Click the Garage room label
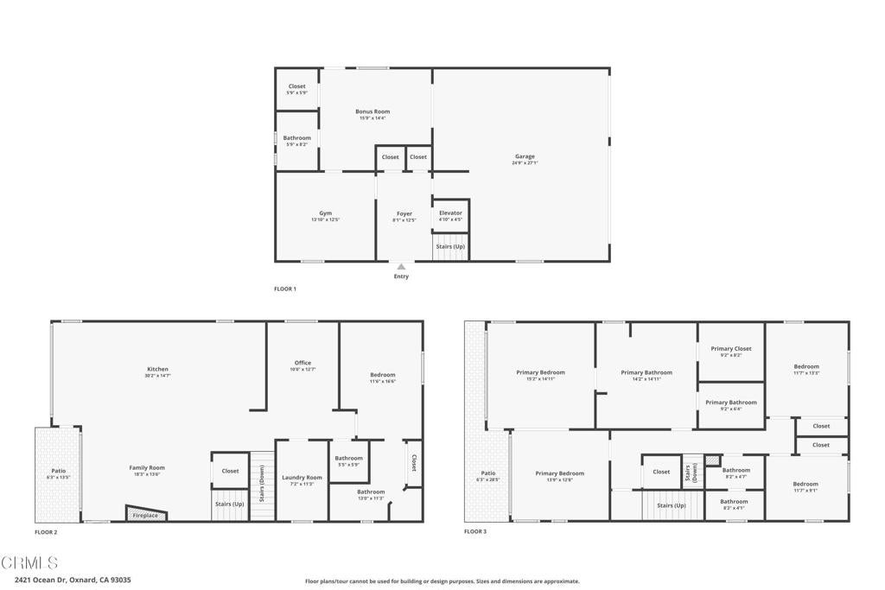pos(523,156)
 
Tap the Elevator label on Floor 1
pos(450,213)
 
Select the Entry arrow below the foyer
pos(401,267)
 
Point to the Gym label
pos(325,213)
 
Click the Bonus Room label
pos(372,111)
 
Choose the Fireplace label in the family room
pos(145,516)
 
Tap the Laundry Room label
pos(302,478)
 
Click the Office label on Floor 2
pos(302,363)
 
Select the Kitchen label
pos(157,369)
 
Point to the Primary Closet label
pos(731,349)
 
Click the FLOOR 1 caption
pos(285,289)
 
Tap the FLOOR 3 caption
pos(475,531)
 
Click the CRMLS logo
pos(30,563)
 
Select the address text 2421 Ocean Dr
pos(73,580)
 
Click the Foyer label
pos(404,213)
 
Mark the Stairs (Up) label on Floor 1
pos(449,247)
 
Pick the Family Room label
pos(147,468)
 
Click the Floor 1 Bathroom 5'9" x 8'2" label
pos(297,138)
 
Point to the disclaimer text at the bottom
pos(442,581)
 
